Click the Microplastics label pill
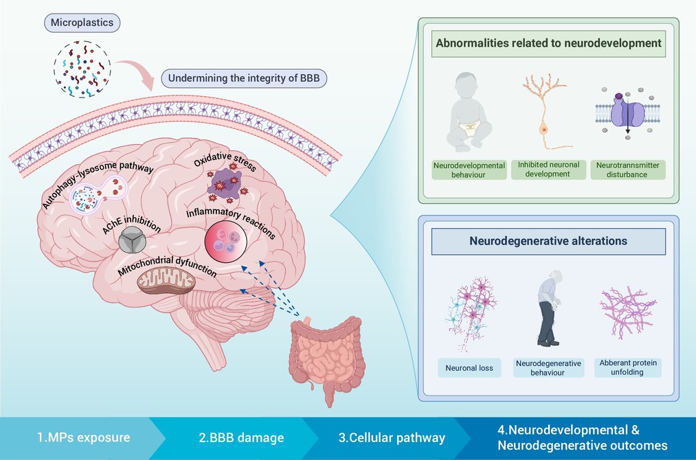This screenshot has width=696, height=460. pyautogui.click(x=82, y=23)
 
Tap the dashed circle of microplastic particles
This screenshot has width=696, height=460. pyautogui.click(x=82, y=69)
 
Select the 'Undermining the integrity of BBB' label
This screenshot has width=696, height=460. pyautogui.click(x=244, y=78)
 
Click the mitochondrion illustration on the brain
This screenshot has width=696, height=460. pyautogui.click(x=166, y=281)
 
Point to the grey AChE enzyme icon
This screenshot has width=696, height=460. pyautogui.click(x=133, y=240)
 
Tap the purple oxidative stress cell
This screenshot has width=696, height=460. pyautogui.click(x=226, y=183)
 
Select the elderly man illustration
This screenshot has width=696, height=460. pyautogui.click(x=549, y=308)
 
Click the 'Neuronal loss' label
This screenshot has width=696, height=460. pyautogui.click(x=469, y=368)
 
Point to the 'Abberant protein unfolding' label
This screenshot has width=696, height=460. pyautogui.click(x=628, y=367)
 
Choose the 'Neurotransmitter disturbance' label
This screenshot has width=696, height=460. pyautogui.click(x=628, y=170)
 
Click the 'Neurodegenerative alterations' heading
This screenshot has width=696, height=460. pyautogui.click(x=548, y=241)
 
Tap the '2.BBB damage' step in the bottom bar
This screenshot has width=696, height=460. pyautogui.click(x=241, y=438)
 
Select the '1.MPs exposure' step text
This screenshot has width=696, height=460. pyautogui.click(x=83, y=438)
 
